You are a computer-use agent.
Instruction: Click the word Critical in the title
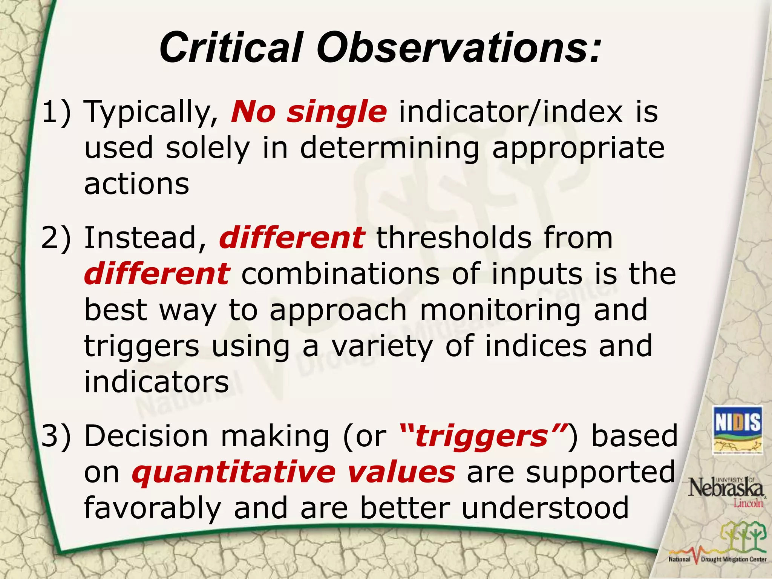[231, 48]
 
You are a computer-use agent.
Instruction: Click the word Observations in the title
[458, 48]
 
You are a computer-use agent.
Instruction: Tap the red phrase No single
[309, 112]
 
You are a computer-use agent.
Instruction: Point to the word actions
[136, 184]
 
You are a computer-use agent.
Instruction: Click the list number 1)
[57, 112]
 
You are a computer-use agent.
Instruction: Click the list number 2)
[57, 238]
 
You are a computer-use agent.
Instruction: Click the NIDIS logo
[738, 430]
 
